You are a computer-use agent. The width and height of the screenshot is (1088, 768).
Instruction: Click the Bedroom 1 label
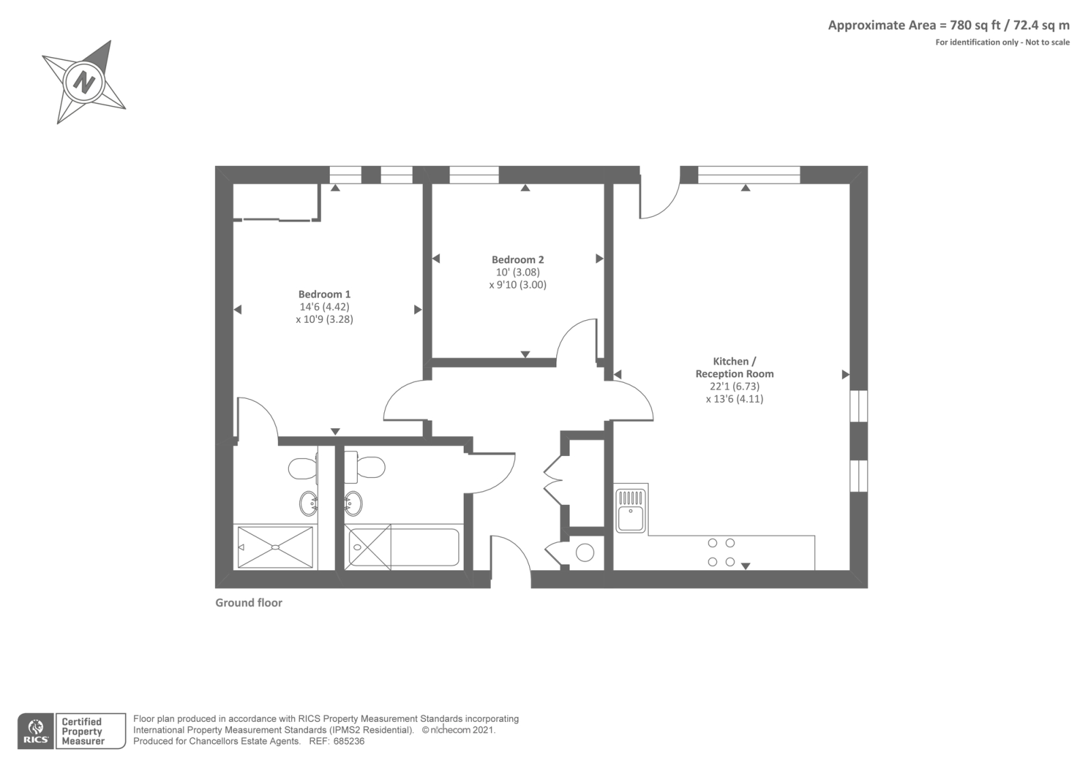[324, 294]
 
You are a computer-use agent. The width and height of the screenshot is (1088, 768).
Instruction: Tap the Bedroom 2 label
[517, 260]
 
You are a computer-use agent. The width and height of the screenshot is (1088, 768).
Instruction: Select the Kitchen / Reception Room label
[734, 368]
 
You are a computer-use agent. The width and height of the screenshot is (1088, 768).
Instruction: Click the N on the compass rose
[84, 82]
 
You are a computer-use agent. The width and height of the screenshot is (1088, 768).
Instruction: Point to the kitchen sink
[630, 511]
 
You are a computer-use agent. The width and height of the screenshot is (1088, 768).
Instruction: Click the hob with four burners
[721, 552]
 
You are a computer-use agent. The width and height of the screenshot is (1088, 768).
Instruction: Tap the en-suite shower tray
[275, 547]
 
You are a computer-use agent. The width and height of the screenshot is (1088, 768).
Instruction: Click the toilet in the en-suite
[302, 468]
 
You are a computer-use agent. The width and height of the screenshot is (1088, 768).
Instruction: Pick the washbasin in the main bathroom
[353, 504]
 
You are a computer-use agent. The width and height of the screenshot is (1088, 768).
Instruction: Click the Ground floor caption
[249, 603]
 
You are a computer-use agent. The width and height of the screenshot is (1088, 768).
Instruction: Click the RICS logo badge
[35, 731]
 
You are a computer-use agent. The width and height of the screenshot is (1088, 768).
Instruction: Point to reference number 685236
[347, 741]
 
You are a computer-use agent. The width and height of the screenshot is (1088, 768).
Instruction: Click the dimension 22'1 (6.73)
[734, 386]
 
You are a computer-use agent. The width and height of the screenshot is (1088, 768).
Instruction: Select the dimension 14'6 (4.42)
[324, 307]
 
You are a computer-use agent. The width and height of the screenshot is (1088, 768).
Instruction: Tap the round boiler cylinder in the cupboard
[585, 552]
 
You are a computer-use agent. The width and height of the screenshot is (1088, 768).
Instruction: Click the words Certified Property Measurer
[82, 731]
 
